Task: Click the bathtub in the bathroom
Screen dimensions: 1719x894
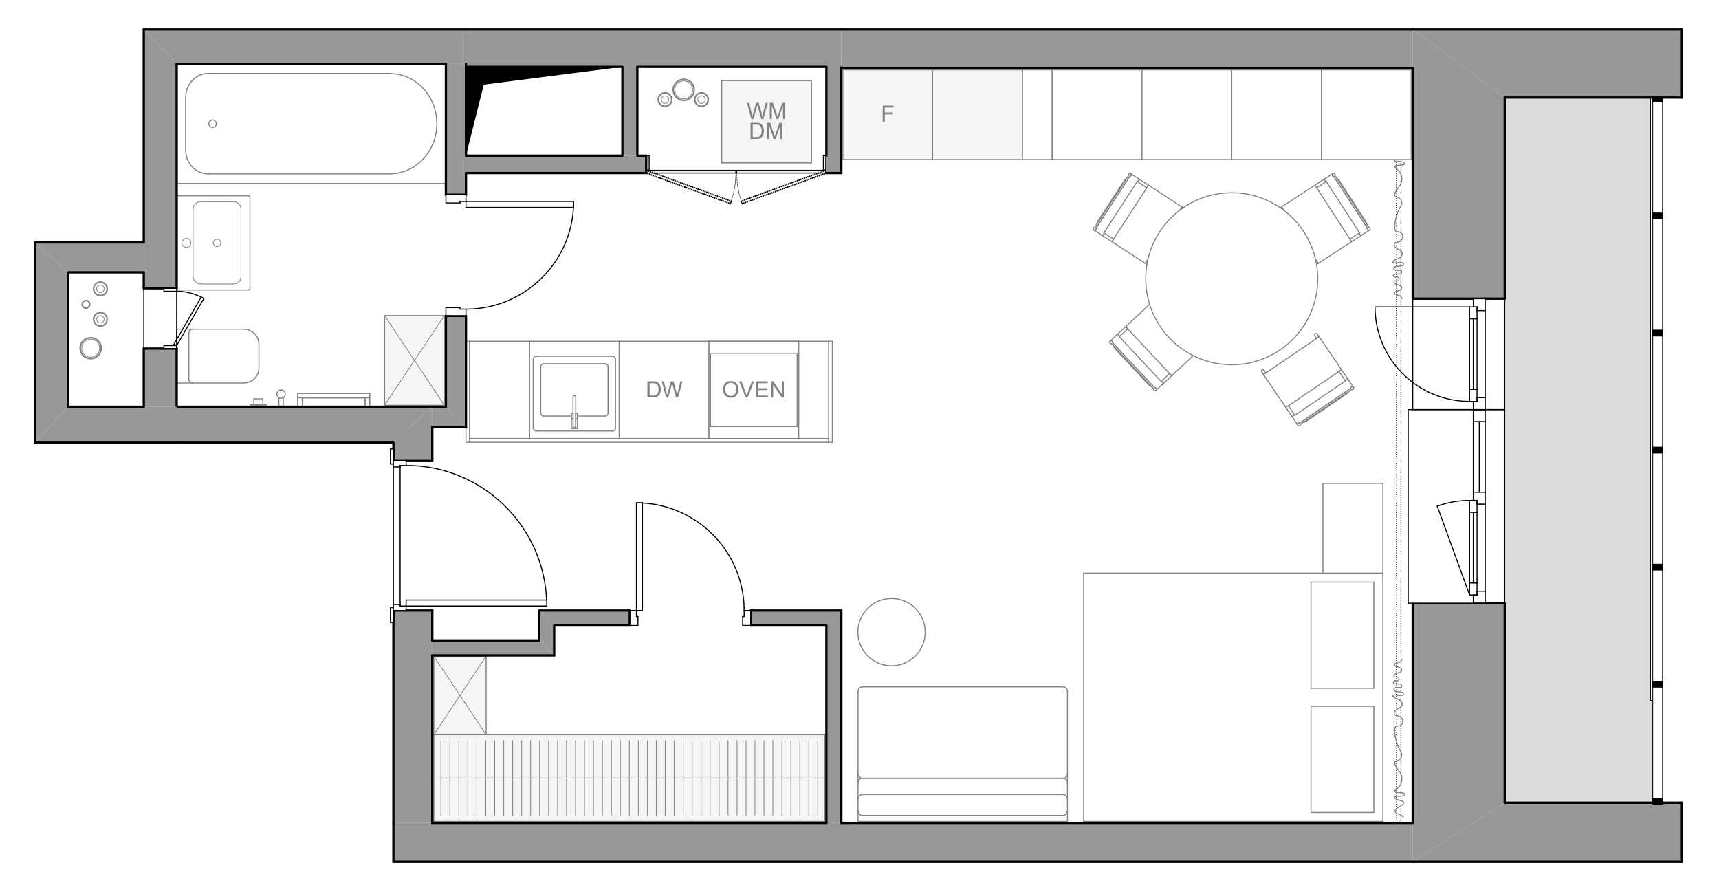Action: pos(311,124)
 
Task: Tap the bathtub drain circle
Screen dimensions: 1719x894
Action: pos(212,124)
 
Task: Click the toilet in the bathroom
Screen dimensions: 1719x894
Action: pos(223,356)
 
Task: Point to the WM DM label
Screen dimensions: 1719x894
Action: pos(767,121)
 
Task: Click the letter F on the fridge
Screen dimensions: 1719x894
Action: pos(887,114)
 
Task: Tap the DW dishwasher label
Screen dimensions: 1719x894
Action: pos(664,390)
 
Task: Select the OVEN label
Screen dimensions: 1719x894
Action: pos(754,390)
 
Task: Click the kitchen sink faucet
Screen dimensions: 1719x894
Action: pos(574,412)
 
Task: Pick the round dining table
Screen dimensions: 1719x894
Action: pos(1231,279)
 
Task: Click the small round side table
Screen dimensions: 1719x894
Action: pos(891,632)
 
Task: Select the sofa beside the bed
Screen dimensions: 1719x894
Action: pos(963,754)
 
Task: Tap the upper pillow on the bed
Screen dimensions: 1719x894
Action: pos(1342,635)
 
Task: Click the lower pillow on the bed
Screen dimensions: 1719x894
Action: pos(1342,759)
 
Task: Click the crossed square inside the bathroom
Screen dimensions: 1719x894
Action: pos(415,360)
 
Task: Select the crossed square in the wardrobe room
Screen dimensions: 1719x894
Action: pos(460,695)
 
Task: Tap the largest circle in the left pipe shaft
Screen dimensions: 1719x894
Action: pos(91,348)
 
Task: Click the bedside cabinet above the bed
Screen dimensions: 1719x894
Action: pos(1353,528)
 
